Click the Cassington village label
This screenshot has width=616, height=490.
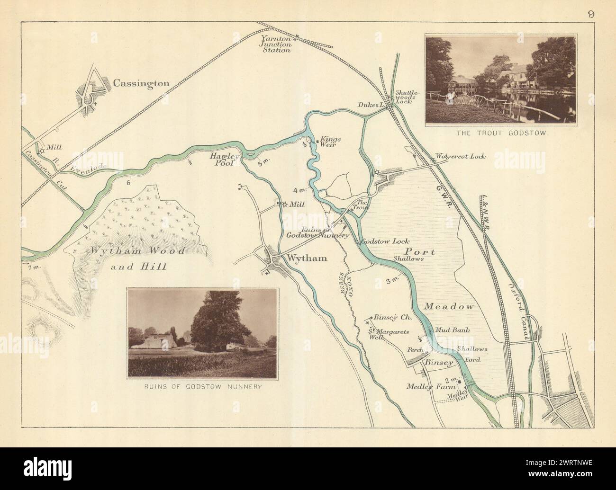tap(141, 83)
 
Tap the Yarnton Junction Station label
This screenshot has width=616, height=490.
tap(277, 43)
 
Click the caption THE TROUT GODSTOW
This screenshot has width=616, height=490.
tap(502, 134)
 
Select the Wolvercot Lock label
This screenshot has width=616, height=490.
tap(460, 156)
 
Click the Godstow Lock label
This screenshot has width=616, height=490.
tap(385, 241)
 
